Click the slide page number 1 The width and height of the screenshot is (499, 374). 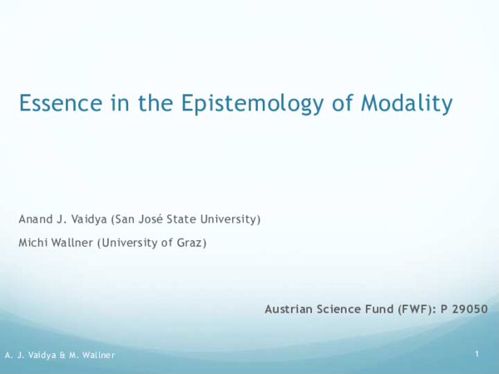coord(477,355)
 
